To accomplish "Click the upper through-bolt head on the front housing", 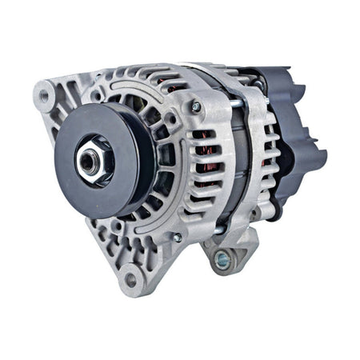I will pos(196,106).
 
